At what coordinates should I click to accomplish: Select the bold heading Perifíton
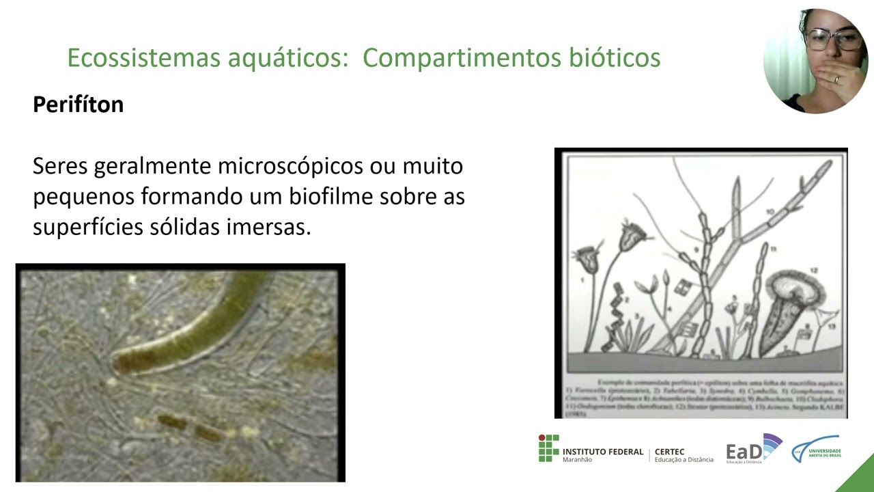pyautogui.click(x=78, y=105)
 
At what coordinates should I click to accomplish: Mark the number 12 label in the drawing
pyautogui.click(x=813, y=271)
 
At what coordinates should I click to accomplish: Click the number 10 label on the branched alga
pyautogui.click(x=770, y=213)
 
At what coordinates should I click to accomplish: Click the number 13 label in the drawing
pyautogui.click(x=831, y=327)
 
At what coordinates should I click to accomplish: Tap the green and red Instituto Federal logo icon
pyautogui.click(x=548, y=448)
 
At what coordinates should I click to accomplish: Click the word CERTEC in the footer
pyautogui.click(x=669, y=452)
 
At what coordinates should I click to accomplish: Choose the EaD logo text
pyautogui.click(x=743, y=452)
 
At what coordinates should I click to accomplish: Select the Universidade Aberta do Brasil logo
pyautogui.click(x=817, y=450)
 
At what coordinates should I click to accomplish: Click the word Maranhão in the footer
pyautogui.click(x=577, y=460)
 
